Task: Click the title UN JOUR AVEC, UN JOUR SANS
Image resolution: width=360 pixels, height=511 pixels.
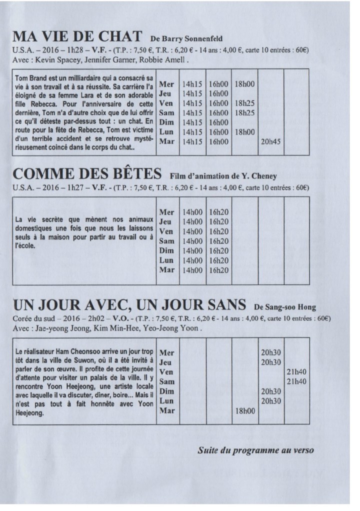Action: pos(129,305)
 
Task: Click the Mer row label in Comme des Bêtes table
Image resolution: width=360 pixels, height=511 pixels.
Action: pos(166,212)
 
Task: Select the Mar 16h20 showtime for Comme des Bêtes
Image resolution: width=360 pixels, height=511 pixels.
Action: pos(219,270)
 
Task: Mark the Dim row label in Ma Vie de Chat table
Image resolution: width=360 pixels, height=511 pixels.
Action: pos(165,122)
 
